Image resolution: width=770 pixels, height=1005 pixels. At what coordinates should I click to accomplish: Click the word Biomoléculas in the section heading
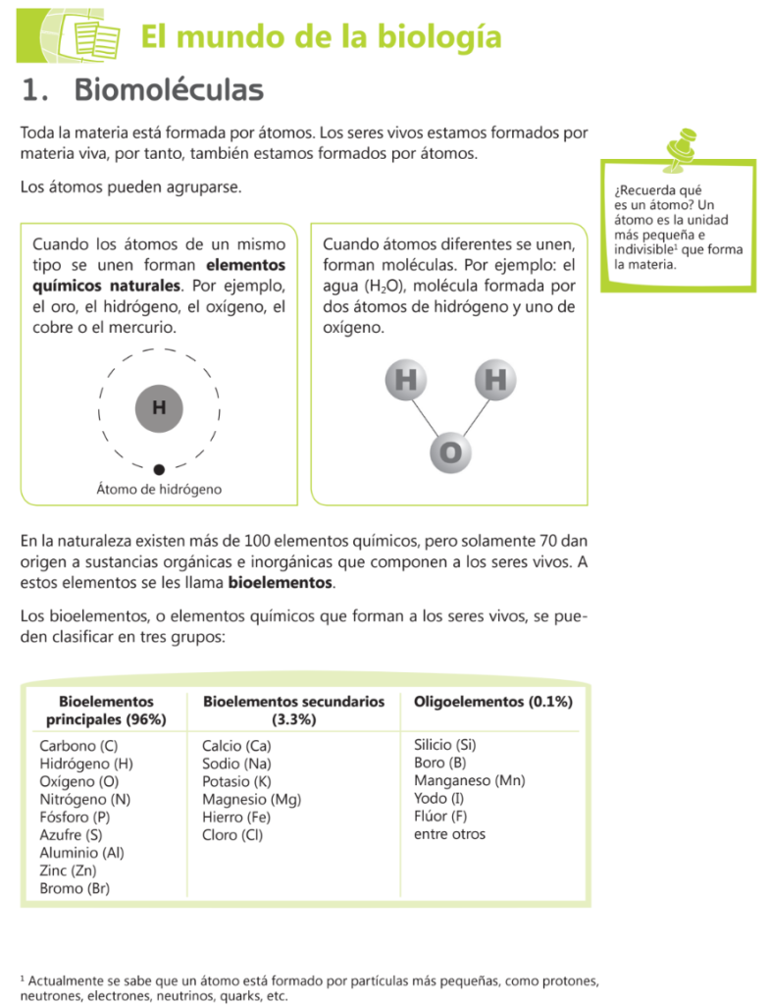click(x=169, y=91)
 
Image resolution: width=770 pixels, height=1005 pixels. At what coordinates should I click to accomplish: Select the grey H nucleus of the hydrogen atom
click(x=159, y=406)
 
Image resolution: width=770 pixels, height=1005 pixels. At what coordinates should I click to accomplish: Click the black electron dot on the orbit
click(x=159, y=469)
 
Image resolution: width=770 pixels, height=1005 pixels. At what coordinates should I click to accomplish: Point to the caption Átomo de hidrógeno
click(x=159, y=489)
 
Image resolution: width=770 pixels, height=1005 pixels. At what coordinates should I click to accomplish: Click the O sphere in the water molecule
click(x=450, y=452)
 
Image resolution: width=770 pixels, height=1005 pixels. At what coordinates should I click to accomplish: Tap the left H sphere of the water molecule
click(x=405, y=380)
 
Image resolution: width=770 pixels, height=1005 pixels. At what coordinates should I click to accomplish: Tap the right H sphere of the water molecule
click(x=495, y=380)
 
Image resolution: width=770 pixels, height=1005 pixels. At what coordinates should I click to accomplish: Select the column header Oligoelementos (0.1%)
click(x=493, y=702)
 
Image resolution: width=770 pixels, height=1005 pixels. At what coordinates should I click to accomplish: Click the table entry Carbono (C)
click(x=78, y=746)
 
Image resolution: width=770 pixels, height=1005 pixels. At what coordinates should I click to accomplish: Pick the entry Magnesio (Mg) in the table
click(x=251, y=800)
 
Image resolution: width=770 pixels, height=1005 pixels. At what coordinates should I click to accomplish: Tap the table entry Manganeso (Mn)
click(x=469, y=781)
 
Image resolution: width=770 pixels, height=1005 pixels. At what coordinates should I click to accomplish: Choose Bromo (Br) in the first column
click(x=75, y=888)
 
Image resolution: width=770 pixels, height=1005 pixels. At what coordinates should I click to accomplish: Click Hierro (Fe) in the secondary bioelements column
click(x=236, y=818)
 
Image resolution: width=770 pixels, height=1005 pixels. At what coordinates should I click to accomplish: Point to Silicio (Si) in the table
click(x=445, y=745)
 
